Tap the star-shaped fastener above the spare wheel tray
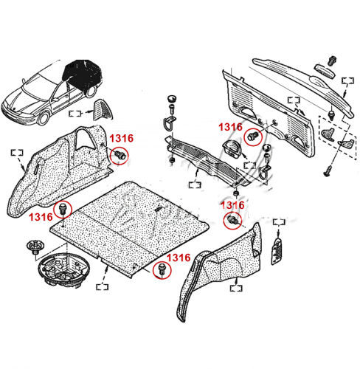35,247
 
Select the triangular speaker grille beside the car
103,110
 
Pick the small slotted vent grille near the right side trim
277,250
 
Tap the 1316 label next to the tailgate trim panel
230,127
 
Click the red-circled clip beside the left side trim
120,155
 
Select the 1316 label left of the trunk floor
41,217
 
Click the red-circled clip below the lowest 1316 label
162,269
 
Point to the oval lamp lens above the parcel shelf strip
325,71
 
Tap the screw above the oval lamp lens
332,61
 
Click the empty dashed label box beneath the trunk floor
103,287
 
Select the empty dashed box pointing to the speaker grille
75,114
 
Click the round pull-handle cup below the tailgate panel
232,148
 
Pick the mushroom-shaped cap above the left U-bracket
172,99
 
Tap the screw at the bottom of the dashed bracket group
327,172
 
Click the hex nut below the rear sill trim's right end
236,193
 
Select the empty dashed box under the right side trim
236,288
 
